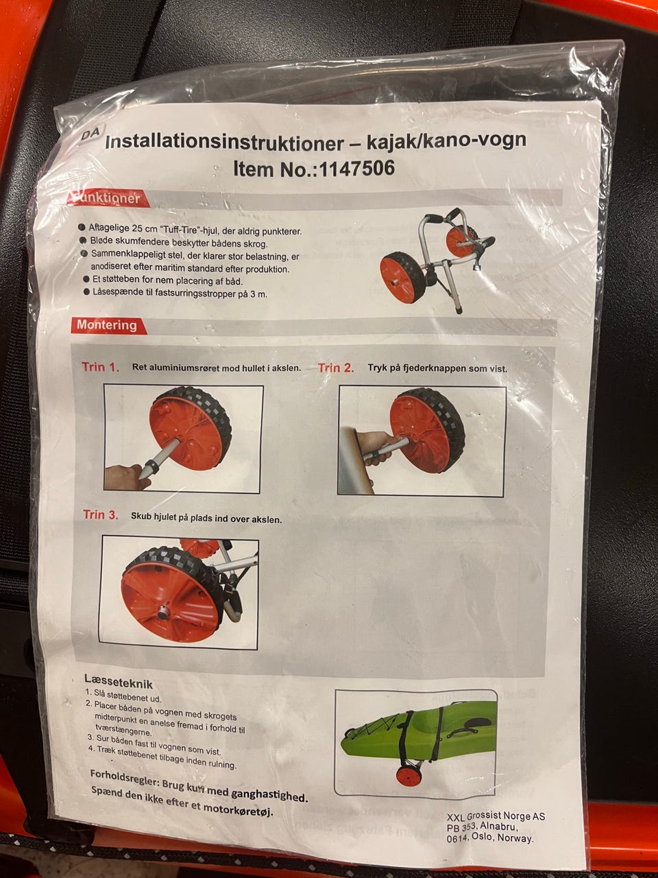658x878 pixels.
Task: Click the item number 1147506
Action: [x=357, y=169]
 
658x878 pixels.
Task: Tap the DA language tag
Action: [x=91, y=134]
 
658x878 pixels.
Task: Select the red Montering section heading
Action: [x=107, y=325]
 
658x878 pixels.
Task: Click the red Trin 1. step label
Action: [x=100, y=367]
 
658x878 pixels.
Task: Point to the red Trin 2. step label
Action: [x=336, y=368]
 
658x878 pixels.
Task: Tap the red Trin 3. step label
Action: [x=101, y=514]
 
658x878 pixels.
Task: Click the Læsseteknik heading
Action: [x=119, y=681]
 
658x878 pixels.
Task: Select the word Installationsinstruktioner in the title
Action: [x=224, y=143]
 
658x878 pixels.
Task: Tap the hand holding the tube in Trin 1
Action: [x=126, y=477]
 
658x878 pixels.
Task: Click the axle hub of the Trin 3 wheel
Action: [x=163, y=613]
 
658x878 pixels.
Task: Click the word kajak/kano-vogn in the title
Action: [x=446, y=141]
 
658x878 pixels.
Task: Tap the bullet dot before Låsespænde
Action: [x=86, y=292]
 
